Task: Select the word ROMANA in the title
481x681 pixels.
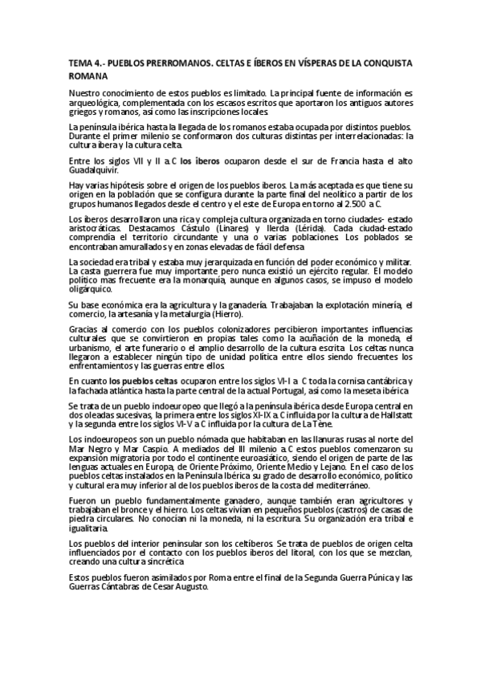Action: click(88, 76)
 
